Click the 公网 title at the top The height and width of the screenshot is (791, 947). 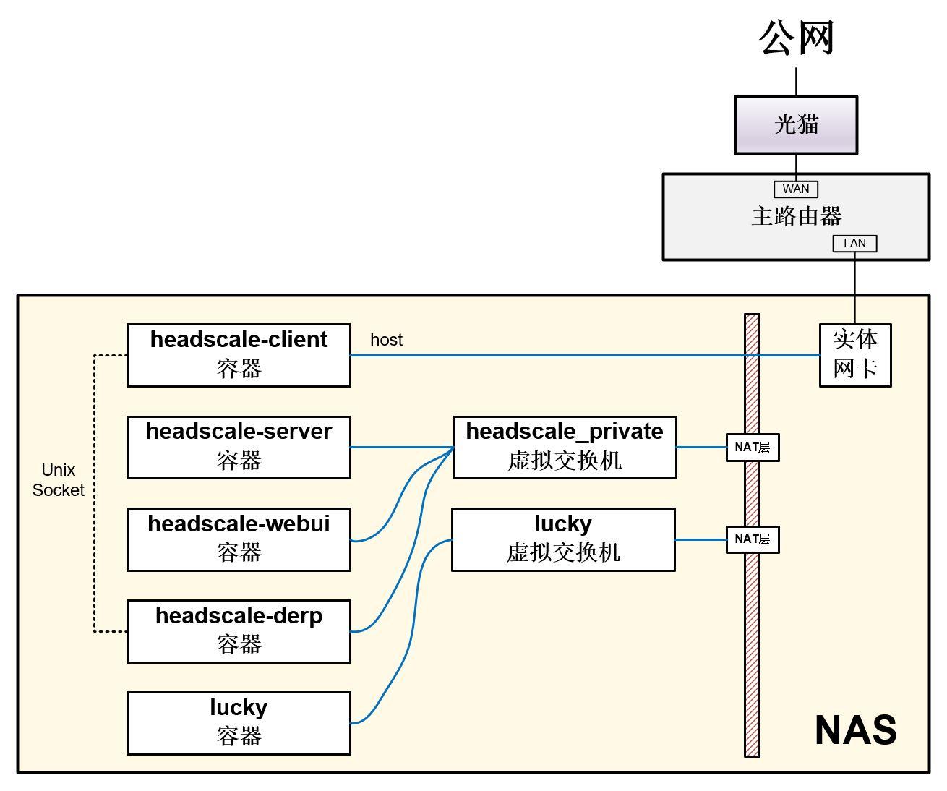click(x=796, y=38)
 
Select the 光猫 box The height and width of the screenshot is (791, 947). click(x=796, y=124)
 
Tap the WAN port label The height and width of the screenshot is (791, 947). click(x=795, y=189)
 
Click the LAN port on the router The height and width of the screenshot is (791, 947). click(x=854, y=244)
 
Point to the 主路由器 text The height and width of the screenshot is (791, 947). click(x=796, y=216)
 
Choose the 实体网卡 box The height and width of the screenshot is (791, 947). click(x=854, y=355)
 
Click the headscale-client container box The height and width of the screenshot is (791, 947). click(x=239, y=355)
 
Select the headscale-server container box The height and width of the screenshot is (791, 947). click(x=239, y=447)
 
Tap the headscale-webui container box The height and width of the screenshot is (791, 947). click(x=239, y=539)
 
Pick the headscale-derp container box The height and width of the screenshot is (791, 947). click(x=239, y=631)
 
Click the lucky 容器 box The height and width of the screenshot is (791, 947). click(x=239, y=723)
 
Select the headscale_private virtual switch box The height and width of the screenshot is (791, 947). click(x=565, y=447)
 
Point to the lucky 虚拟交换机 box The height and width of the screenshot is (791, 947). click(x=563, y=539)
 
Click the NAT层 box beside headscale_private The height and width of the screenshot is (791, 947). click(x=752, y=448)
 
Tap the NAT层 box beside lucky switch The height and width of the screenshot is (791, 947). click(x=752, y=539)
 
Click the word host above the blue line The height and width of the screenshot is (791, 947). click(x=386, y=340)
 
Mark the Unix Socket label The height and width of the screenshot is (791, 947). click(x=59, y=480)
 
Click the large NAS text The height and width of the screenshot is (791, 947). click(x=855, y=730)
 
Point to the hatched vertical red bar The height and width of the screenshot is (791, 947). click(x=752, y=651)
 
